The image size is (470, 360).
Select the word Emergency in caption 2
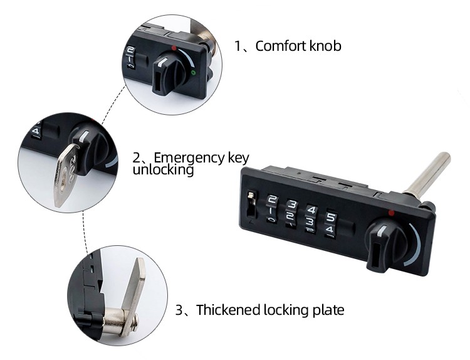(x=189, y=158)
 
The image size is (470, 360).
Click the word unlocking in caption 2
(x=163, y=169)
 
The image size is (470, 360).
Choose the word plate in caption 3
(x=328, y=310)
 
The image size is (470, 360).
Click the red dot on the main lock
(x=391, y=213)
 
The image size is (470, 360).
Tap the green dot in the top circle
(x=194, y=72)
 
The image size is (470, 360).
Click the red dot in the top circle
(x=174, y=48)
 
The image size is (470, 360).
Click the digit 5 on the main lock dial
(x=332, y=217)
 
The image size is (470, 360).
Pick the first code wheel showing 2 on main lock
(x=272, y=209)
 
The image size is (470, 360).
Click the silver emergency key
(x=66, y=175)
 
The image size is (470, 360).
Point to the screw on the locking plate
(x=134, y=322)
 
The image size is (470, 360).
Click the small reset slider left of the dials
(x=251, y=204)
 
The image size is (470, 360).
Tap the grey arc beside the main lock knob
(x=415, y=245)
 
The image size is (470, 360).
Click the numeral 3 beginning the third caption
(x=179, y=310)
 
